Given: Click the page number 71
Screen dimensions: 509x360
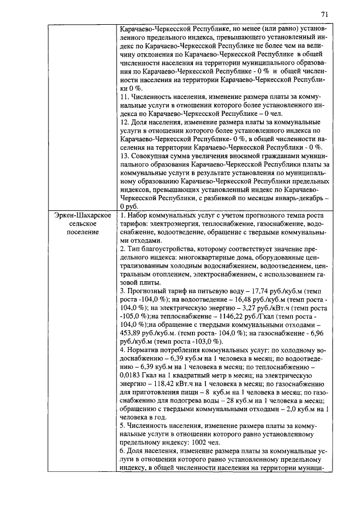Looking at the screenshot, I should pyautogui.click(x=325, y=13).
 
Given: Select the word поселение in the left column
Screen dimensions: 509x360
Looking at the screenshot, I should pyautogui.click(x=79, y=232).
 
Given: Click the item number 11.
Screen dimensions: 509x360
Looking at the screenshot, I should pyautogui.click(x=125, y=97).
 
